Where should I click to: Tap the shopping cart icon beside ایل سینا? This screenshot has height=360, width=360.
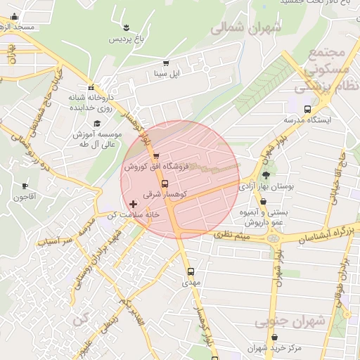tap(166, 63)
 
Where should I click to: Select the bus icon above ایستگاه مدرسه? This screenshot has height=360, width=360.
tap(307, 109)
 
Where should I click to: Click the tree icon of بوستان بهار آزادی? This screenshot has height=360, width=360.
tap(266, 176)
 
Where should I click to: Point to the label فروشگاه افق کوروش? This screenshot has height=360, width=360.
tap(155, 167)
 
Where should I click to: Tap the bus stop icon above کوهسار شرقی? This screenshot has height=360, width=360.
tap(165, 184)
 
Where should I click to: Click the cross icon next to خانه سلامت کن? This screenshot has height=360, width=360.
tap(134, 204)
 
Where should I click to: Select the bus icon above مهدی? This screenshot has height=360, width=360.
tap(191, 271)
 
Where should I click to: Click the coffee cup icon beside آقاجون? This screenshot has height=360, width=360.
tap(25, 186)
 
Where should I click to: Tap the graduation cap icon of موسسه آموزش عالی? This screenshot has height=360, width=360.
tap(96, 124)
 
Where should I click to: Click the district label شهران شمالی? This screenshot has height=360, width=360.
tap(246, 28)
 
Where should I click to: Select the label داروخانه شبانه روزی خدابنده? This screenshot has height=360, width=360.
tap(91, 103)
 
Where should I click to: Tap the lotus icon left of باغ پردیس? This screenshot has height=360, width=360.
tap(126, 27)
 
